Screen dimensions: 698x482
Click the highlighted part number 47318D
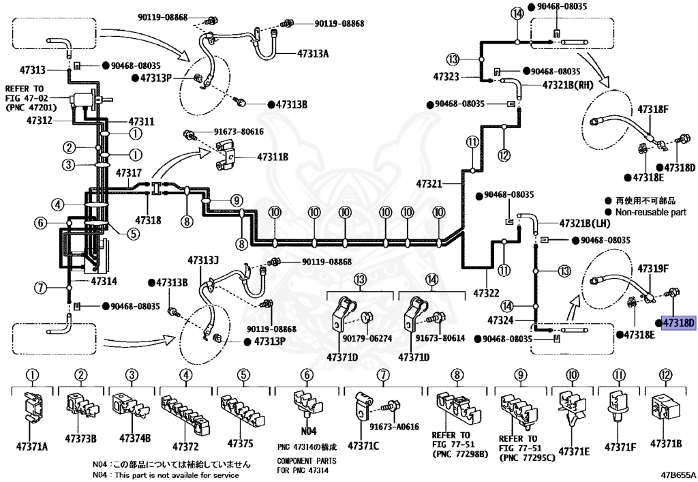pyautogui.click(x=678, y=322)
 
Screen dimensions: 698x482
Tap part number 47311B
pyautogui.click(x=273, y=157)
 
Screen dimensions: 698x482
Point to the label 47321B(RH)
pyautogui.click(x=568, y=85)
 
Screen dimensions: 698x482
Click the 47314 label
pyautogui.click(x=104, y=282)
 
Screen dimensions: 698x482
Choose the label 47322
pyautogui.click(x=486, y=293)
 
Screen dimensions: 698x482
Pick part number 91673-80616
pyautogui.click(x=239, y=132)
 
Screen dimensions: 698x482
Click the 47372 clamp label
pyautogui.click(x=185, y=446)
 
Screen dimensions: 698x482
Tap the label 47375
pyautogui.click(x=241, y=443)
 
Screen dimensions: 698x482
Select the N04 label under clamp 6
pyautogui.click(x=309, y=431)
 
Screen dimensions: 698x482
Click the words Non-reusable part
pyautogui.click(x=650, y=212)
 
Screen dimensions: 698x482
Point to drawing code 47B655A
pyautogui.click(x=678, y=475)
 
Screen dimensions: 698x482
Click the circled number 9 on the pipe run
pyautogui.click(x=237, y=200)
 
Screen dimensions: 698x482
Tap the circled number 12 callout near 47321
pyautogui.click(x=504, y=155)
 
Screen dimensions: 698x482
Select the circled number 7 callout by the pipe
pyautogui.click(x=41, y=288)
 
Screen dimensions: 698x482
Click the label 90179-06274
pyautogui.click(x=367, y=338)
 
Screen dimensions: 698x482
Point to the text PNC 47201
pyautogui.click(x=31, y=107)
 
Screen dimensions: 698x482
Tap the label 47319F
pyautogui.click(x=653, y=269)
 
